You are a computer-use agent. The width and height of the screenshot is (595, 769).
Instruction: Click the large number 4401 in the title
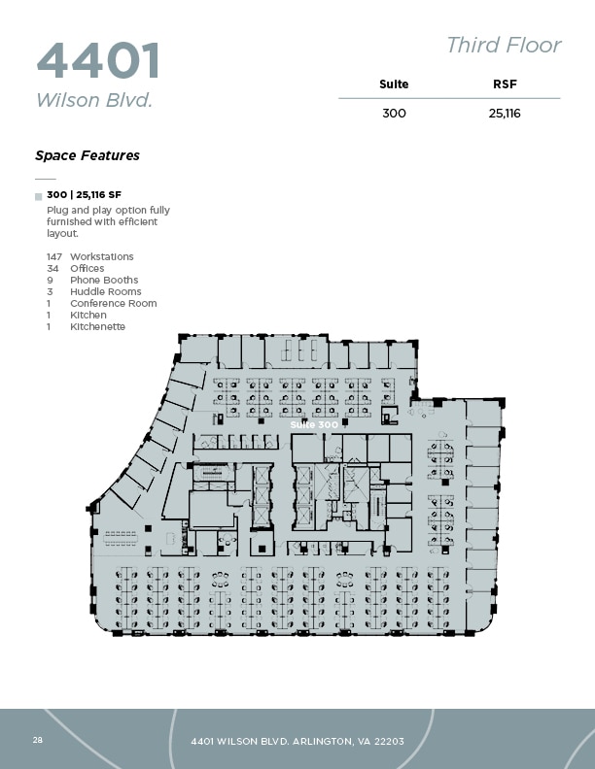98,60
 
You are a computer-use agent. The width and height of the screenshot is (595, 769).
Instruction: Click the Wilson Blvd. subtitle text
94,100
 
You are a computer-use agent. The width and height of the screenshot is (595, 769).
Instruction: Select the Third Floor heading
504,45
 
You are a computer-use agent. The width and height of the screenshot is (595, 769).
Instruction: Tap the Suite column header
394,84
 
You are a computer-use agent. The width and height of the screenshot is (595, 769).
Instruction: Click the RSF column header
505,84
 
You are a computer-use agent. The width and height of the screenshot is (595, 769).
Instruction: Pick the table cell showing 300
394,113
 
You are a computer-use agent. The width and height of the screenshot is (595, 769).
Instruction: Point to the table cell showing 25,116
505,113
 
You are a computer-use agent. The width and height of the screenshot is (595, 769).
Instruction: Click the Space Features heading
87,155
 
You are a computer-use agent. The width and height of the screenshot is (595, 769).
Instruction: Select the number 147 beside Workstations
54,257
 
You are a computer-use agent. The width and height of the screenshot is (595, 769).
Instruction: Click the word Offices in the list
87,269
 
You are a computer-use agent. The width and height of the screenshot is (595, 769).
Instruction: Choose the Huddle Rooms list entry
105,292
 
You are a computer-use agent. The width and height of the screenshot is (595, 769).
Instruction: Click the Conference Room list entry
113,304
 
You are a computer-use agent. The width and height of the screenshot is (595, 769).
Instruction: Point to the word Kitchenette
97,327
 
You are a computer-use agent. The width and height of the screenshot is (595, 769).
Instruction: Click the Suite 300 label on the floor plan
314,424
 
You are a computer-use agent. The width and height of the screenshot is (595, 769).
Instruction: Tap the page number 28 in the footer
37,740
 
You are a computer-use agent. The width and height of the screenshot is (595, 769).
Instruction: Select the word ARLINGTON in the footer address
306,742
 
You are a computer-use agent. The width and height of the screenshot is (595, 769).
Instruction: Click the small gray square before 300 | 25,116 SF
38,196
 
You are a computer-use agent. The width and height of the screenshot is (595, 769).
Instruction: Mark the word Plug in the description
56,210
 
